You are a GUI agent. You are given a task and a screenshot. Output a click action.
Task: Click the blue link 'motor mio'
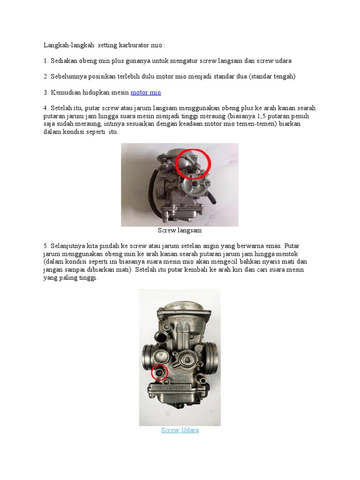145,93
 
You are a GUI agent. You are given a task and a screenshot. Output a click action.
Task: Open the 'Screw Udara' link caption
180,430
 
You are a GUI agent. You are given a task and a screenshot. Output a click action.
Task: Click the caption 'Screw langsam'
180,231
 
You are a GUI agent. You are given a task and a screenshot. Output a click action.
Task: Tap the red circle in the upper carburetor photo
193,163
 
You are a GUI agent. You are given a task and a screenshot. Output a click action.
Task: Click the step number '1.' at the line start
46,61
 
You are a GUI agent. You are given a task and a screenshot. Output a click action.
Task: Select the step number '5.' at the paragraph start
46,246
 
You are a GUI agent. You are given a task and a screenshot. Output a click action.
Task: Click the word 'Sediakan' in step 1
63,61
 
